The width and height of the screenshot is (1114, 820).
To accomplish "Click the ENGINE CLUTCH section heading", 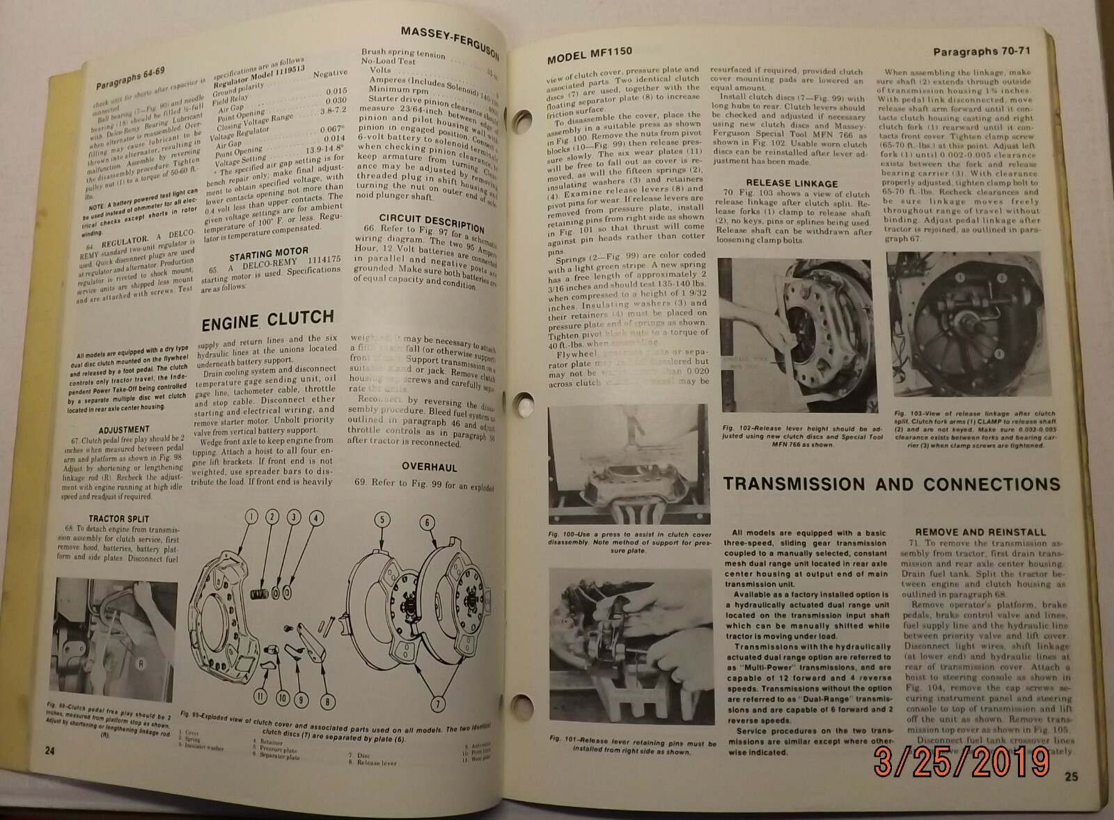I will click(267, 320).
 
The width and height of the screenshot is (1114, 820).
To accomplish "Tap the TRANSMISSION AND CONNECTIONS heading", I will click(892, 484).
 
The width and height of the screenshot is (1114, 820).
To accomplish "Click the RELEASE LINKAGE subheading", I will click(792, 184).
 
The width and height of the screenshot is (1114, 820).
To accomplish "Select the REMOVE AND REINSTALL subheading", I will click(980, 532).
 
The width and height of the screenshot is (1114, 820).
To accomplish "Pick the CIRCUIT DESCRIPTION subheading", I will click(432, 223).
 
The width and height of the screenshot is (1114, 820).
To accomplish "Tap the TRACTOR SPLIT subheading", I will click(118, 519).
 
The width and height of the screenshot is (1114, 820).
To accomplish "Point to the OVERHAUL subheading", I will click(429, 467).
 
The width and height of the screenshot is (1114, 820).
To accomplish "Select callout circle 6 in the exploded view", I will click(427, 523).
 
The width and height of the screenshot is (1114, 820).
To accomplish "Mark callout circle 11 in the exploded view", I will click(259, 694).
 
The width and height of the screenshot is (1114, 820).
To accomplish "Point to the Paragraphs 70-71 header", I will click(981, 52).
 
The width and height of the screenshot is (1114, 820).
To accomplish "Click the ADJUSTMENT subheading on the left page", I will click(124, 429).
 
